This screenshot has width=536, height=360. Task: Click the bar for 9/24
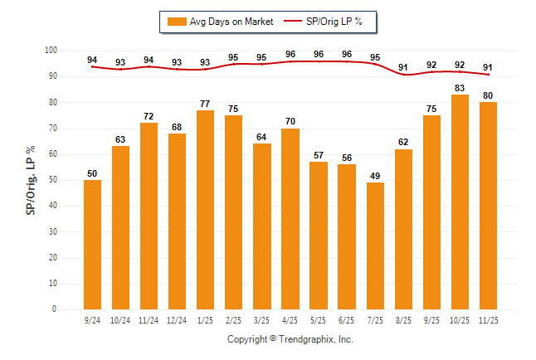(x=92, y=245)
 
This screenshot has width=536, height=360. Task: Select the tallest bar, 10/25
(x=460, y=202)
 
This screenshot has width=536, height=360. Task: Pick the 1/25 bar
(x=205, y=210)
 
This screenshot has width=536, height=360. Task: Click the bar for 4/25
(x=290, y=219)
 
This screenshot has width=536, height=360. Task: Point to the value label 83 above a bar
(x=460, y=88)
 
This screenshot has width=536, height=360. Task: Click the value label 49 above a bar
(x=375, y=176)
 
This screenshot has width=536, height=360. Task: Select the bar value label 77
(x=205, y=104)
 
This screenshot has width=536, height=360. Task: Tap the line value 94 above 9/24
(x=92, y=60)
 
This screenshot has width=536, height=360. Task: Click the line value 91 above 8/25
(x=403, y=67)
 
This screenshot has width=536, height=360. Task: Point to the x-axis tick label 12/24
(x=177, y=319)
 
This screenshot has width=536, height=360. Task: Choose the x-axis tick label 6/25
(x=347, y=319)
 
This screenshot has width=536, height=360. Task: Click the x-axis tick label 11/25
(x=488, y=319)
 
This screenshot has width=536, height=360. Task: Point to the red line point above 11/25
(x=488, y=75)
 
